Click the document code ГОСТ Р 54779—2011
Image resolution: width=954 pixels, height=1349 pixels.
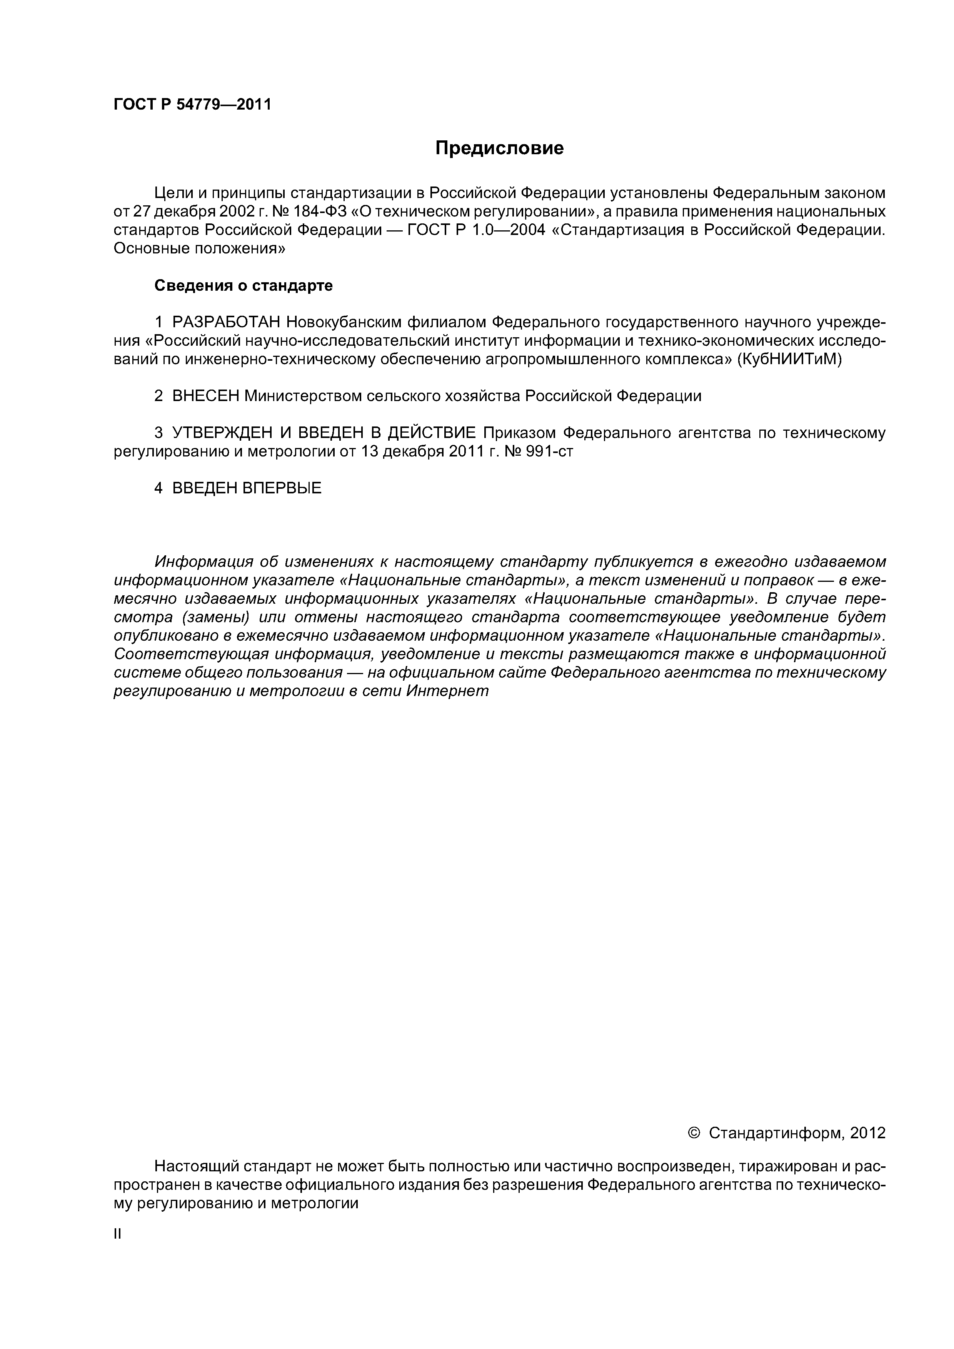click(x=192, y=105)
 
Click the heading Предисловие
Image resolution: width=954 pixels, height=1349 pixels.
click(x=499, y=148)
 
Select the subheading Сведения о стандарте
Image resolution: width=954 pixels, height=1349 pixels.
click(x=244, y=286)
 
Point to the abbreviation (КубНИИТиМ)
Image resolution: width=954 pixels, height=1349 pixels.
click(x=789, y=359)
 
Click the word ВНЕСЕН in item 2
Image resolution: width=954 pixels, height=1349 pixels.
click(x=206, y=396)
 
